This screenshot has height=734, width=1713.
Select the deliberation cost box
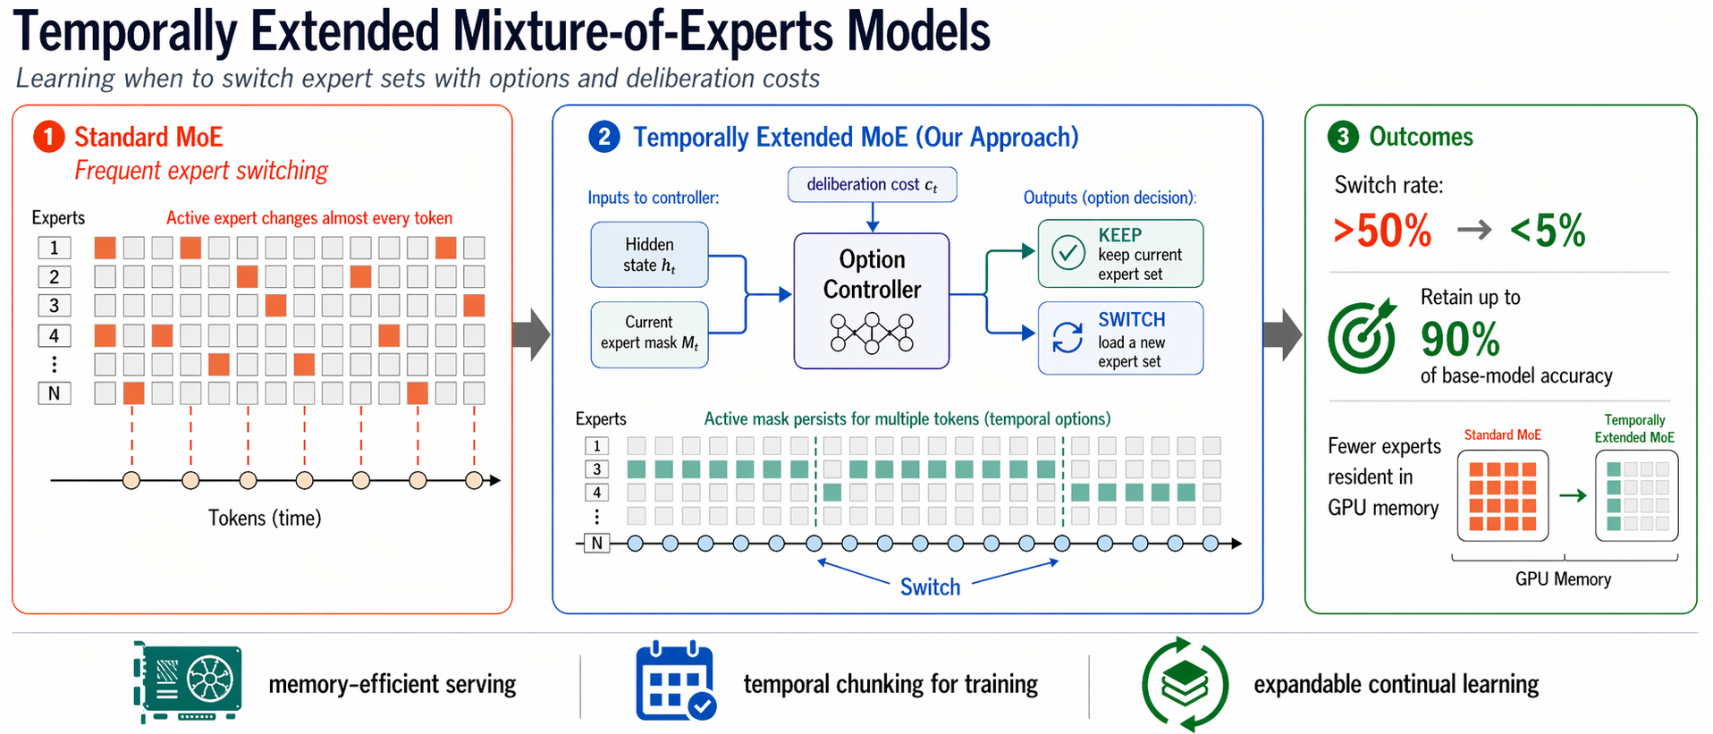[872, 185]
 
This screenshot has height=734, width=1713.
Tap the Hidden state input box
[649, 255]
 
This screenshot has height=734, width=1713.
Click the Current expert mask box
[649, 333]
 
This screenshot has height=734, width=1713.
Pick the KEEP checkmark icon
[1067, 253]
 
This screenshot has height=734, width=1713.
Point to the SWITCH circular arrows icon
[1067, 338]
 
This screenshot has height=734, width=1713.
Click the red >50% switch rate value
[1382, 231]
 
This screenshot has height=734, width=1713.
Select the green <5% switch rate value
[1548, 231]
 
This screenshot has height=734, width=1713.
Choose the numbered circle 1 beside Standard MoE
[49, 137]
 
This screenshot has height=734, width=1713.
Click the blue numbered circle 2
[604, 137]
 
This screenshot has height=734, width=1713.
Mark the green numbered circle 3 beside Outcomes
[1342, 137]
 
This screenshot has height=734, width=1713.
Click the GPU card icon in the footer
[189, 681]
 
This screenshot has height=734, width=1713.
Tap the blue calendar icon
[675, 681]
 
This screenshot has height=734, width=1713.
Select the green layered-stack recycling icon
[1185, 684]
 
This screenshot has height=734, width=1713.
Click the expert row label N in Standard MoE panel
[55, 393]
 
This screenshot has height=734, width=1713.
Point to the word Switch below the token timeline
[930, 587]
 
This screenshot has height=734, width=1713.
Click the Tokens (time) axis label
[265, 519]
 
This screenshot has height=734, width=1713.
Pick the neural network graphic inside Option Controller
[872, 333]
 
